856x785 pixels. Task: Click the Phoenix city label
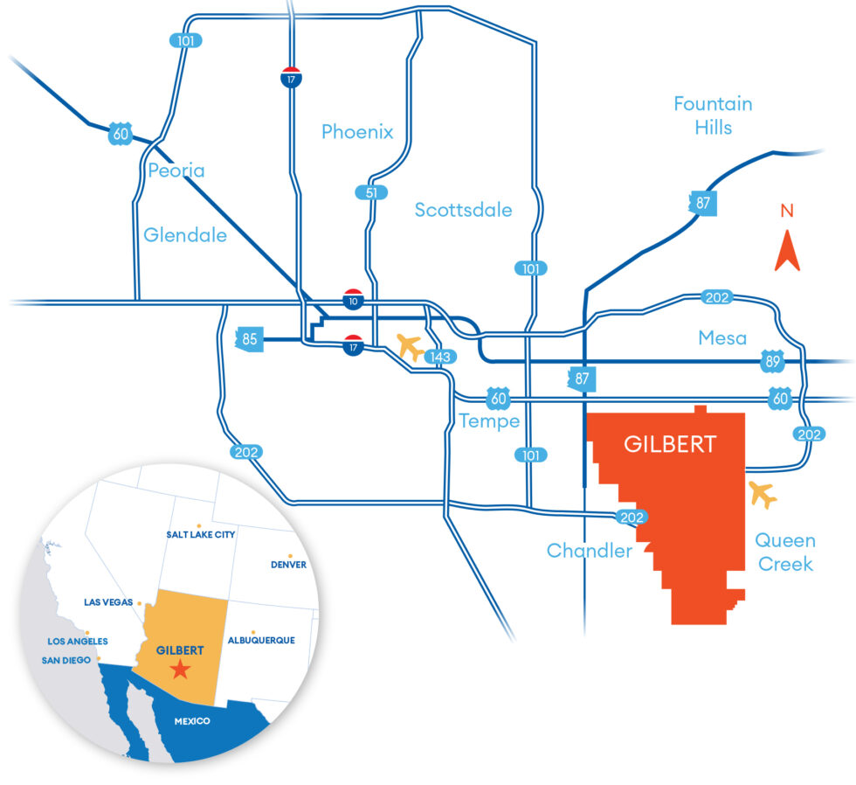pos(357,133)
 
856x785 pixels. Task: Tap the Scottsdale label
pos(463,210)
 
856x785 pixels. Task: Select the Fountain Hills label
pos(712,115)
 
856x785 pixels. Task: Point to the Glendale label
pos(185,235)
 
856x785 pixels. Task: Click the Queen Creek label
pos(785,552)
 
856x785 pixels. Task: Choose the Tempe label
pos(490,421)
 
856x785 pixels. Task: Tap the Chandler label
pos(589,551)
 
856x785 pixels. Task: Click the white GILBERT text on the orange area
pos(670,444)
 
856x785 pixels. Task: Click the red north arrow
pos(787,250)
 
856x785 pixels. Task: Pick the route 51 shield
pos(371,191)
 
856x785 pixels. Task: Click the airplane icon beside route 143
pos(411,347)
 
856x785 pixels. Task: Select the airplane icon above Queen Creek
pos(763,495)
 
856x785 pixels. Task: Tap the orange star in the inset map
pos(180,670)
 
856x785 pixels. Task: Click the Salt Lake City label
pos(200,534)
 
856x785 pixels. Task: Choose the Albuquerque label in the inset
pos(261,640)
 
